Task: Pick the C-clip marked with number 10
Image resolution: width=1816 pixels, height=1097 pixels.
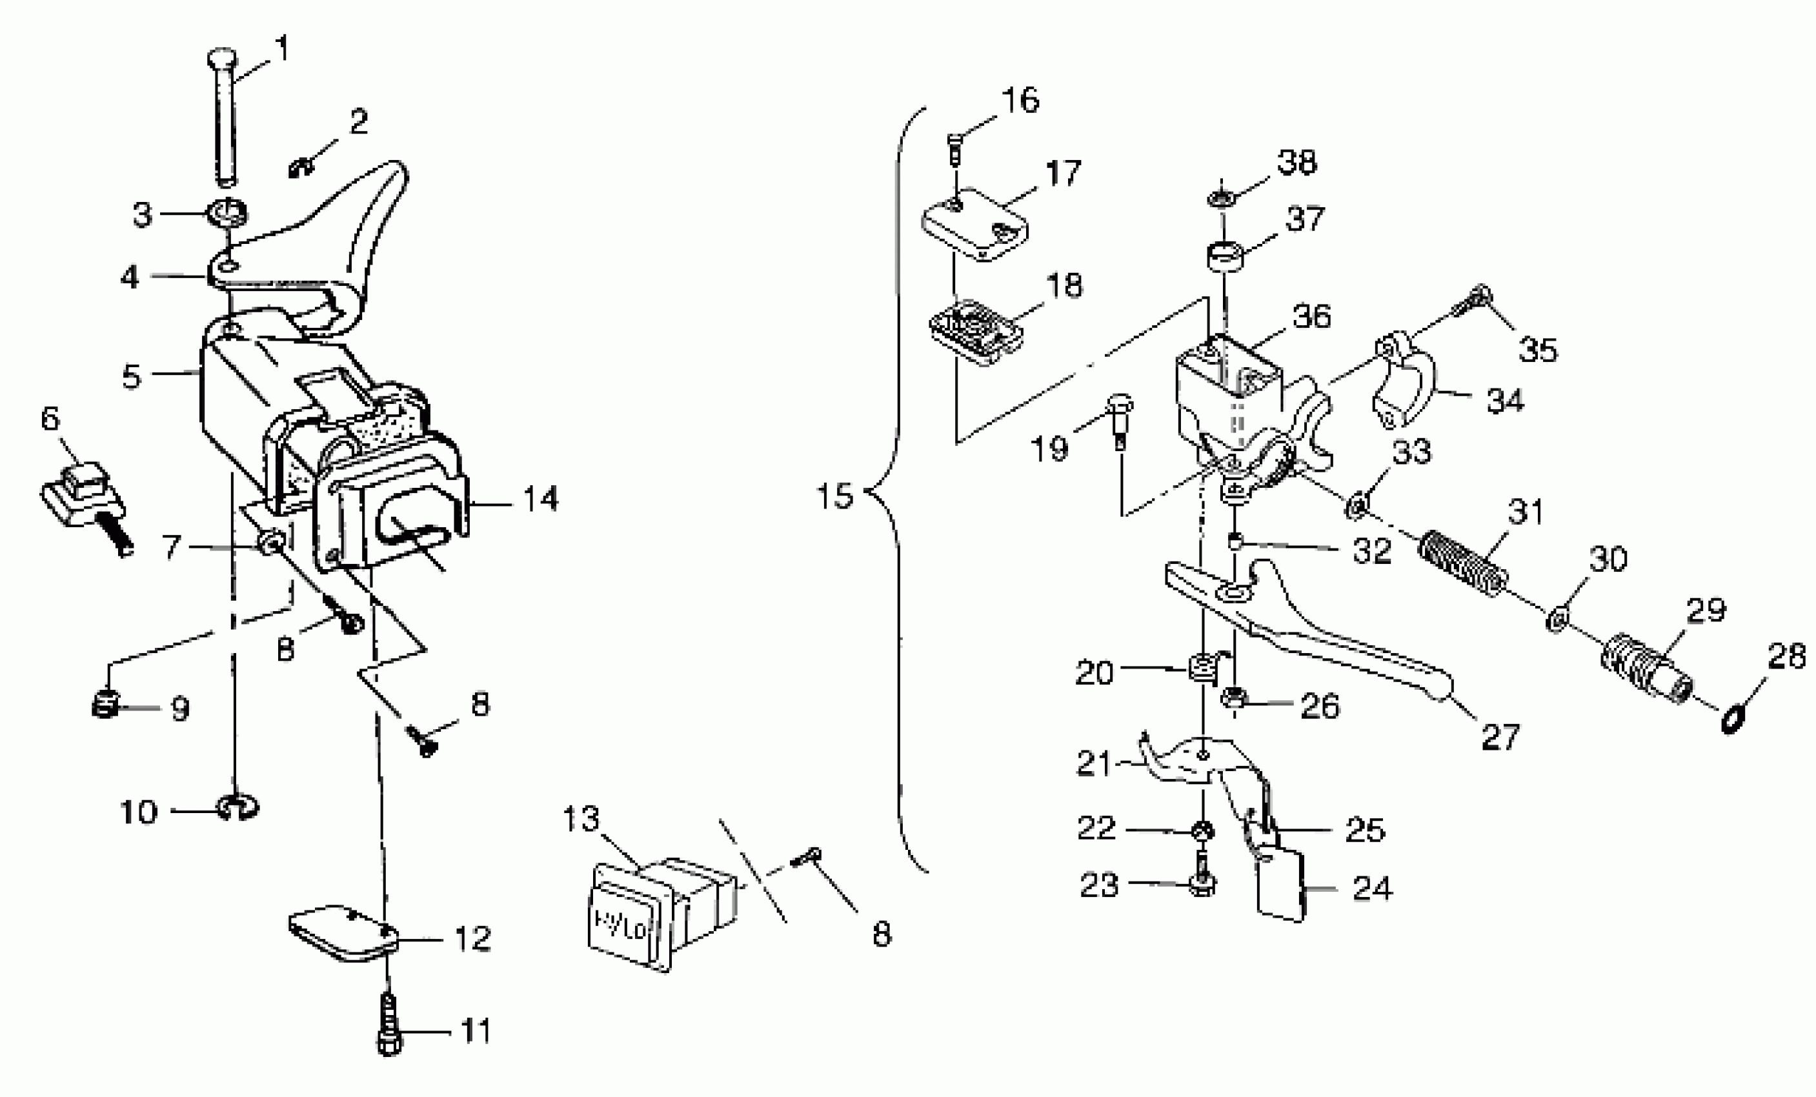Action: click(x=237, y=808)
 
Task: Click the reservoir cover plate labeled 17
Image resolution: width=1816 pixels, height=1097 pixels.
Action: click(x=976, y=224)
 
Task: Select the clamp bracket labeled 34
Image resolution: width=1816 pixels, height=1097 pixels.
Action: click(x=1404, y=381)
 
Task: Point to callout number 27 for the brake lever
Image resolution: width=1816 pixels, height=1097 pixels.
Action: click(x=1500, y=737)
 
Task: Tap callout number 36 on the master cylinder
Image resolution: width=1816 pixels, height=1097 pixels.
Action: click(x=1312, y=316)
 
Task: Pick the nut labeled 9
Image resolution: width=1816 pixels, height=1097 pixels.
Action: click(x=106, y=706)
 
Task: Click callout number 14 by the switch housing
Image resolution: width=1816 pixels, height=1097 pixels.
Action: click(x=540, y=499)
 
